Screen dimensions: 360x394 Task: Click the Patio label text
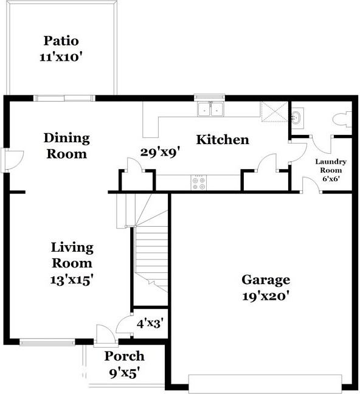click(x=61, y=41)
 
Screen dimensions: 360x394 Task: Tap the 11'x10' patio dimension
click(x=61, y=57)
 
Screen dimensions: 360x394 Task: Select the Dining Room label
click(x=67, y=146)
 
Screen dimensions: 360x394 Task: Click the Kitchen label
click(x=223, y=139)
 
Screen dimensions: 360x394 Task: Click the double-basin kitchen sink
click(x=210, y=109)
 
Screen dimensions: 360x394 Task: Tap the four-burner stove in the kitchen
click(x=199, y=182)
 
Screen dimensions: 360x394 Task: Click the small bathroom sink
click(x=297, y=117)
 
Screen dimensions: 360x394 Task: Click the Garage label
click(x=266, y=280)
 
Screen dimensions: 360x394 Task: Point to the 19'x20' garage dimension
click(x=265, y=296)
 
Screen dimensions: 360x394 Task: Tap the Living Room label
click(x=72, y=255)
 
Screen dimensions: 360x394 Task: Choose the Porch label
click(x=125, y=356)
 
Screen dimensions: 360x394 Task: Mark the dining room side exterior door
click(x=12, y=160)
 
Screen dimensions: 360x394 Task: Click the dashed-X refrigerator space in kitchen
click(x=274, y=111)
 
